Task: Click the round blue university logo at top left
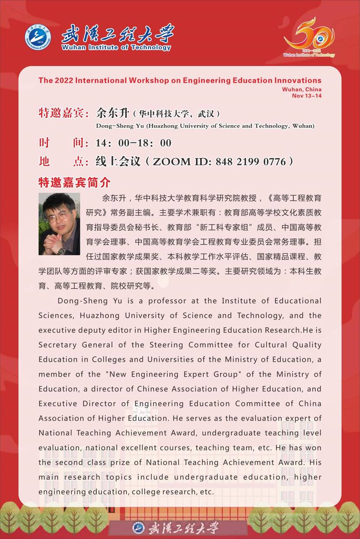(38, 37)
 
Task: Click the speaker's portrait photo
(59, 224)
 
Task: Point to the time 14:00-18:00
(133, 143)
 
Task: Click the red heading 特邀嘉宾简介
(75, 182)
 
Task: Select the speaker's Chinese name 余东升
(113, 114)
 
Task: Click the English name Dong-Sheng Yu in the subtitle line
(120, 126)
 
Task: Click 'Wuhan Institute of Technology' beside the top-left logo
(116, 48)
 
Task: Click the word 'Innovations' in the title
(298, 80)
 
